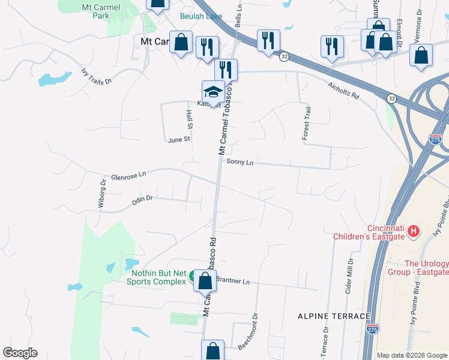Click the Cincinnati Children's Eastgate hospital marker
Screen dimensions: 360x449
[x=413, y=230]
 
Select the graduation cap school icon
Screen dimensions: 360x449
[x=213, y=92]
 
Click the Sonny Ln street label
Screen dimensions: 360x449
[x=240, y=162]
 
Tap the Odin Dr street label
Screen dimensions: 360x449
[x=142, y=200]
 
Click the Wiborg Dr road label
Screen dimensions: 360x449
[x=101, y=193]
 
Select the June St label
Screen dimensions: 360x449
[x=179, y=139]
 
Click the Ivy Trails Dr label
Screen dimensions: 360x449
[x=97, y=77]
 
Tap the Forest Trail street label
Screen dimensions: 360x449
[x=306, y=124]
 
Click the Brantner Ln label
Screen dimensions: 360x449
[x=232, y=281]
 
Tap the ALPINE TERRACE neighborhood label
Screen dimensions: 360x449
[x=334, y=316]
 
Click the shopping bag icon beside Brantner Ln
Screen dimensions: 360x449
[x=205, y=280]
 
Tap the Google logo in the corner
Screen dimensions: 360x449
[x=20, y=353]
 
